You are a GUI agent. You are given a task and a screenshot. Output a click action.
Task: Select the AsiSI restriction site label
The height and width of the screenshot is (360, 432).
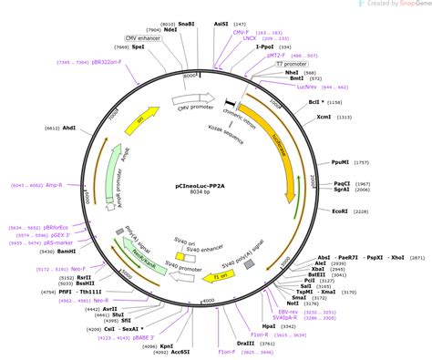click(222, 25)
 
